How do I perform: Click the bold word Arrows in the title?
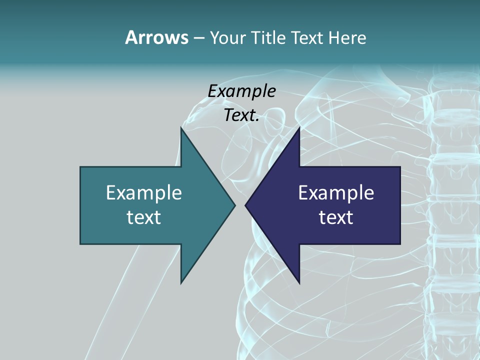point(156,37)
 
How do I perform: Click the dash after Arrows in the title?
point(198,38)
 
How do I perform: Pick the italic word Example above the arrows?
point(241,91)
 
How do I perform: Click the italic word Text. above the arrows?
point(241,115)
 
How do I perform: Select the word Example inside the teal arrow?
point(144,192)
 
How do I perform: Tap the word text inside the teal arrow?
point(144,217)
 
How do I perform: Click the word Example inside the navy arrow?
point(336,192)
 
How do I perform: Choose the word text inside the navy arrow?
point(336,217)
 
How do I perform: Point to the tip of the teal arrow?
point(235,205)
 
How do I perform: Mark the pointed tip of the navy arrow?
point(245,205)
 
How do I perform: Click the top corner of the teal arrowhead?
point(181,127)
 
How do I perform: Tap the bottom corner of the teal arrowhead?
point(181,283)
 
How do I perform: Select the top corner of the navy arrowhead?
point(299,127)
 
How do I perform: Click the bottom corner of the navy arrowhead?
point(299,283)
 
